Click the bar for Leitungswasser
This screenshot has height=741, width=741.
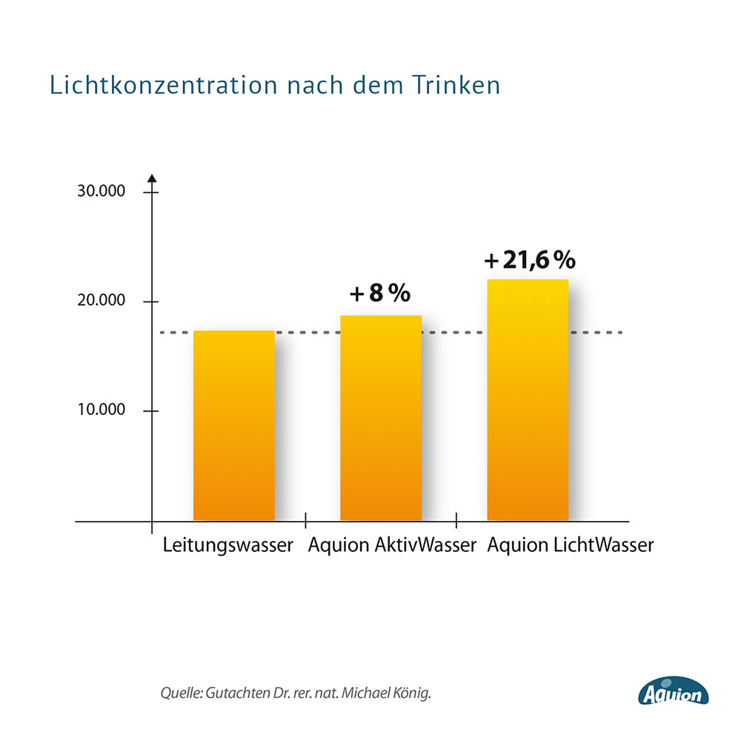coord(234,425)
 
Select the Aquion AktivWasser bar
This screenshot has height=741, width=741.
coord(381,418)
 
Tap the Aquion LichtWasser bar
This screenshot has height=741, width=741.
coord(528,400)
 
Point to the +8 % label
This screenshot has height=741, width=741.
coord(380,293)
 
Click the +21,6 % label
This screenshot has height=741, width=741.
coord(529,260)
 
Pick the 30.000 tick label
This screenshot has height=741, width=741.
coord(101,191)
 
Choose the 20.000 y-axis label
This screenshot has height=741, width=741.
coord(101,301)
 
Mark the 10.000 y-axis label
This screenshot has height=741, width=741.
coord(101,411)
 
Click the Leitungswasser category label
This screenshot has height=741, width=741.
coord(228,547)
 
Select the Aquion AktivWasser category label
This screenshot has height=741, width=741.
coord(392,546)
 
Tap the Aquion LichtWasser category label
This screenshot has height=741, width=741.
coord(571,546)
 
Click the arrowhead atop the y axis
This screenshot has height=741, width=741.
coord(152,178)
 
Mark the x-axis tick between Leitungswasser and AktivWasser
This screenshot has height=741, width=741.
coord(305,521)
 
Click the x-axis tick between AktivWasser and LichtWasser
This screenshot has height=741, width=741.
coord(456,521)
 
